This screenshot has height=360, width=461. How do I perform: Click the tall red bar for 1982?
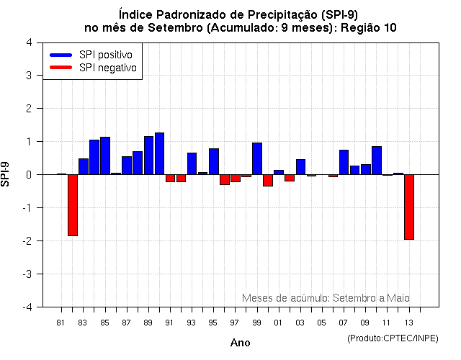[73, 205]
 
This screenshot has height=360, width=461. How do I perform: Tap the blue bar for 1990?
[159, 153]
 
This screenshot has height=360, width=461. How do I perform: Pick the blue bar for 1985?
[105, 156]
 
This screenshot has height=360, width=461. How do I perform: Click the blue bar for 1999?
[257, 158]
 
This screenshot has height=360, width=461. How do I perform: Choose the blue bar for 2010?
[377, 160]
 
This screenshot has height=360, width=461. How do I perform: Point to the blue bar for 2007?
[344, 162]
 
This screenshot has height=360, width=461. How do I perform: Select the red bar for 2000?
[268, 180]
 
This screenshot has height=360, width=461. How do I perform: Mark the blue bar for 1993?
[192, 163]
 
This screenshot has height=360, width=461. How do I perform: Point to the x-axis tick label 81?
[61, 323]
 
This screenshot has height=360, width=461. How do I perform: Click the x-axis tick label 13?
[408, 323]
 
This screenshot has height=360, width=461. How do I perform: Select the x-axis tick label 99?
[256, 323]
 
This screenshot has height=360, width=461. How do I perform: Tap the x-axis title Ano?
[240, 343]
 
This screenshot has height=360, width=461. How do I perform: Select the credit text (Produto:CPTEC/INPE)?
[392, 338]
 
